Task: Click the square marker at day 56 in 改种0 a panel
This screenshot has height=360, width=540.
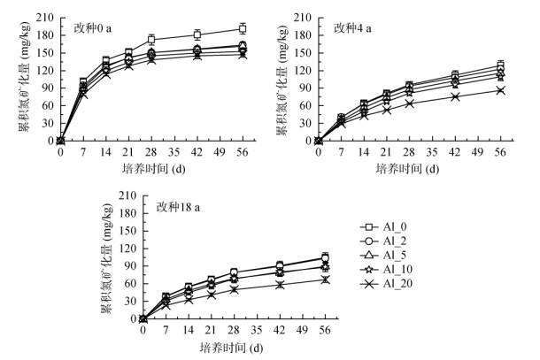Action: pyautogui.click(x=243, y=29)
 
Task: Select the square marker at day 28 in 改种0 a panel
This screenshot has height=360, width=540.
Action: pyautogui.click(x=151, y=40)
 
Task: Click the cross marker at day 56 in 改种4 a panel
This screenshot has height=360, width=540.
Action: pyautogui.click(x=501, y=90)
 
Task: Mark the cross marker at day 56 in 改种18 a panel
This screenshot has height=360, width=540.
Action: pyautogui.click(x=326, y=280)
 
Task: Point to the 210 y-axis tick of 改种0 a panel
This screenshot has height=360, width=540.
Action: pyautogui.click(x=44, y=17)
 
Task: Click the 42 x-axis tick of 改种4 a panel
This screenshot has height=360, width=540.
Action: pyautogui.click(x=455, y=152)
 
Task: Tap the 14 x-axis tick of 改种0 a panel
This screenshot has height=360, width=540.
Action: pyautogui.click(x=106, y=152)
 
